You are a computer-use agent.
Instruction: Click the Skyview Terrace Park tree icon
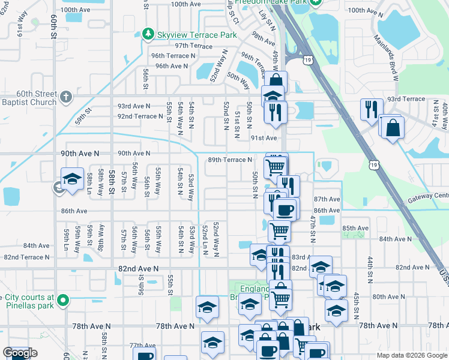point(148,34)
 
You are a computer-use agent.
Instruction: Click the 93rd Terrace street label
point(405,98)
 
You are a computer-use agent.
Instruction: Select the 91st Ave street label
point(264,138)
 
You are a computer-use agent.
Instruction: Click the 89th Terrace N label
point(230,160)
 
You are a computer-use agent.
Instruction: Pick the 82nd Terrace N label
point(26,257)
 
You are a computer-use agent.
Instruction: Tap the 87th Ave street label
point(327,199)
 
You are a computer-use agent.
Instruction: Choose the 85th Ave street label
point(355,228)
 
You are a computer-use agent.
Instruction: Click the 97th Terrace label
point(193,46)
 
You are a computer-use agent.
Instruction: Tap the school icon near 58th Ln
point(71,179)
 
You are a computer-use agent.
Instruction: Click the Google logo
point(20,353)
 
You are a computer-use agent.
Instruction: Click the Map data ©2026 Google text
point(412,355)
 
